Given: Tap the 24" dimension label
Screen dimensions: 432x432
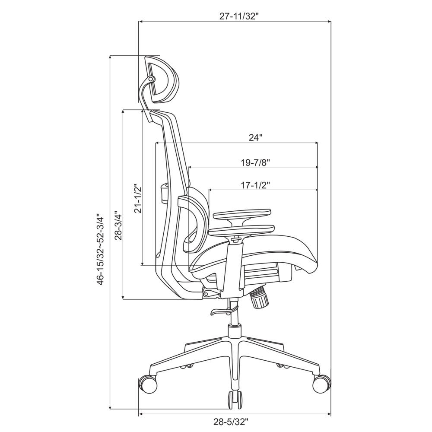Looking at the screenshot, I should (255, 138).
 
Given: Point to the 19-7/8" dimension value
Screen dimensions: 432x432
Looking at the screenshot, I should (255, 162).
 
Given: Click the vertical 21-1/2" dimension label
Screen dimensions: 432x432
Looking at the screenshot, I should (138, 199).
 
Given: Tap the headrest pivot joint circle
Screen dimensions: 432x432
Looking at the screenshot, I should (151, 80).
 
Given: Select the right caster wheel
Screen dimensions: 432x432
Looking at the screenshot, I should (321, 383).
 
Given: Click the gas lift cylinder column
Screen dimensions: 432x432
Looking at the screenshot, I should (234, 318).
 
